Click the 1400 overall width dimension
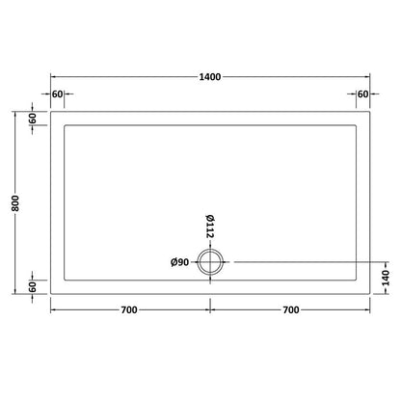209,76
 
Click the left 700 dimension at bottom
128,308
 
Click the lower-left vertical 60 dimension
34,286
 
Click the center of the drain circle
209,262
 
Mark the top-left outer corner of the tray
50,111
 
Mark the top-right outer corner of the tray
370,111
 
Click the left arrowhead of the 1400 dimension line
53,76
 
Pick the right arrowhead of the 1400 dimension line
367,76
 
